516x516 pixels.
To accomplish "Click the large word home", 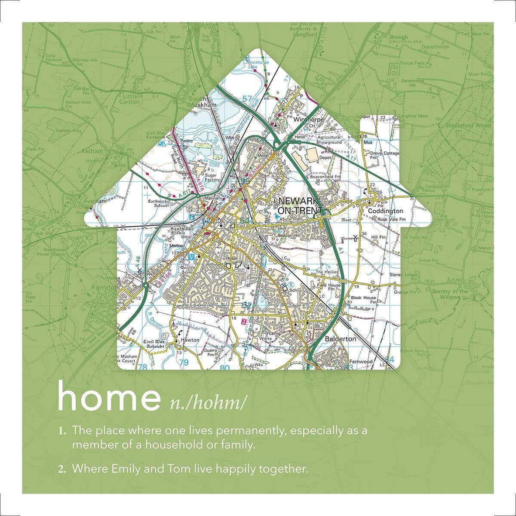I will coord(108,398).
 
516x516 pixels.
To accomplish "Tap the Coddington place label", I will coord(385,211).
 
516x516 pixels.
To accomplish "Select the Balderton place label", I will coord(341,338).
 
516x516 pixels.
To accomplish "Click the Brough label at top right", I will coord(399,37).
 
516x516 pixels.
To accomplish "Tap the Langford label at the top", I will coord(304,35).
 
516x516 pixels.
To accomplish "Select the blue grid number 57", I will coord(247,100).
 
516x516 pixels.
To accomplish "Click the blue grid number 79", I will coord(184,362).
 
